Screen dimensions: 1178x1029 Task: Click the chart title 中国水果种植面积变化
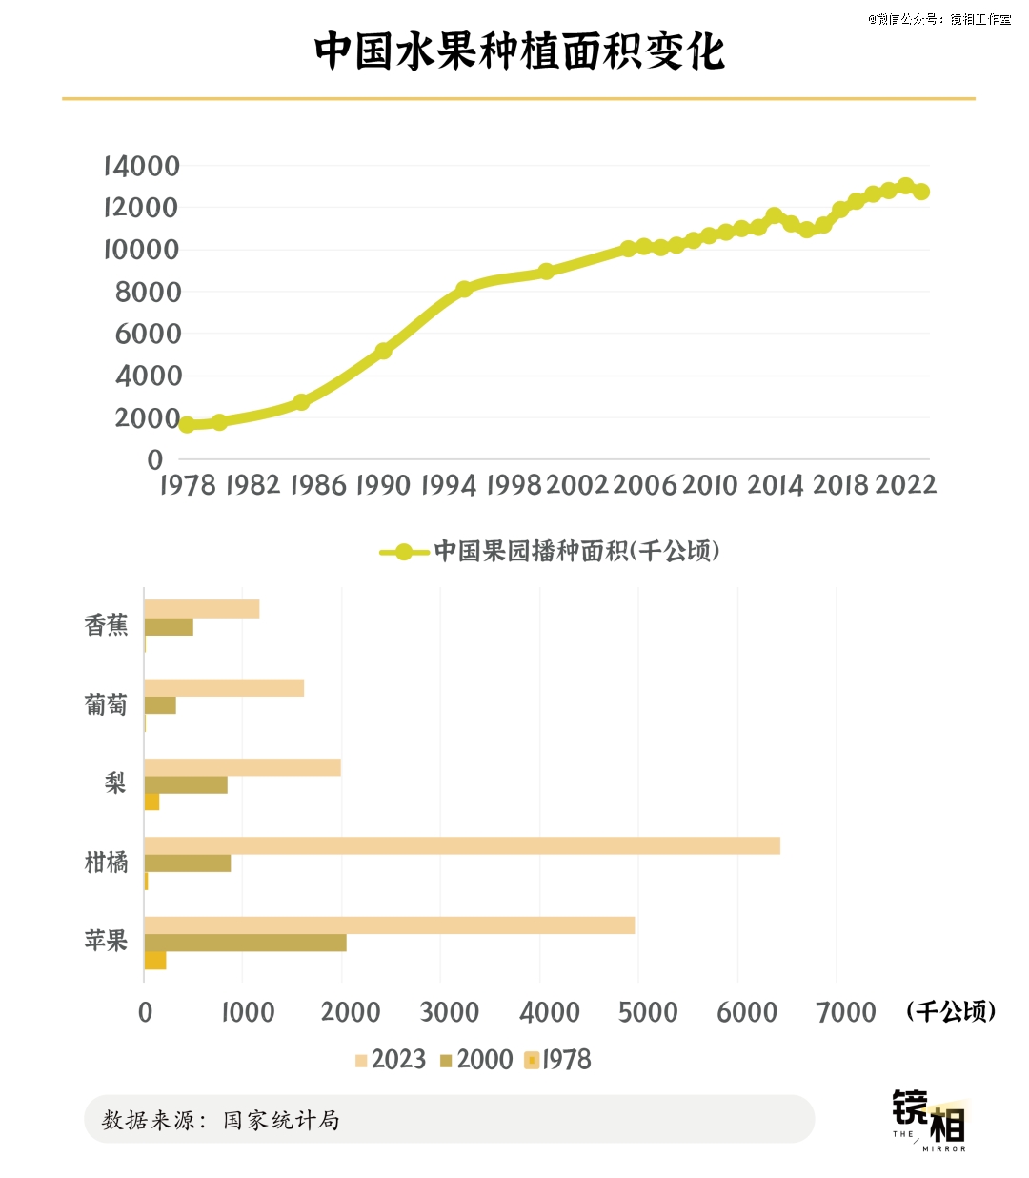coord(519,51)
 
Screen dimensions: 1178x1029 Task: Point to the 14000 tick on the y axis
coord(142,166)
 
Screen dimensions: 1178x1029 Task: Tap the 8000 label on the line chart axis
coord(148,292)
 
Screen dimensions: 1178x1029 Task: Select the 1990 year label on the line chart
coord(382,485)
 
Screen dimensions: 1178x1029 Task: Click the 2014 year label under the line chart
coord(775,485)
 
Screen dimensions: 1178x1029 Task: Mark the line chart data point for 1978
coord(187,425)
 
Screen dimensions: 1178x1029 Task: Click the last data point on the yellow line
coord(921,192)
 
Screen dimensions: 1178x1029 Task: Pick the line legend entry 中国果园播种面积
coord(549,551)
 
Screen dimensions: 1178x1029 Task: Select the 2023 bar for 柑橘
coord(461,845)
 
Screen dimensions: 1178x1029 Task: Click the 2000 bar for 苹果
coord(245,943)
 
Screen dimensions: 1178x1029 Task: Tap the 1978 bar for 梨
coord(151,802)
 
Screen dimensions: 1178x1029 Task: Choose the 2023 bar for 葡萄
coord(224,688)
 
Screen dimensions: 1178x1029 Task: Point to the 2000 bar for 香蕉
coord(169,627)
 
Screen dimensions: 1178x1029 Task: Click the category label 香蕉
coord(106,625)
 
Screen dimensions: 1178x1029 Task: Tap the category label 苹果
coord(106,941)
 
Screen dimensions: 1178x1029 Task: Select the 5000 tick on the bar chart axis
coord(648,1012)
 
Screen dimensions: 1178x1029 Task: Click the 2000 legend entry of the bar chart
coord(475,1060)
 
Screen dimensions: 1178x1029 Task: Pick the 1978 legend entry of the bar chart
coord(558,1060)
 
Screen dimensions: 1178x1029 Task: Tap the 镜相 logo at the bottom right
coord(930,1120)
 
